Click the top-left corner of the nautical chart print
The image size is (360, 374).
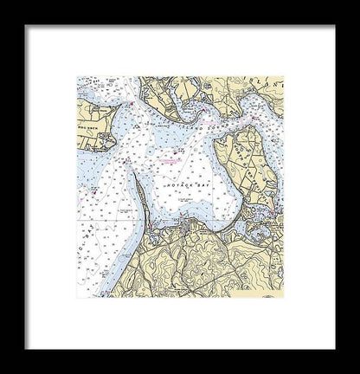[77, 77]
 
